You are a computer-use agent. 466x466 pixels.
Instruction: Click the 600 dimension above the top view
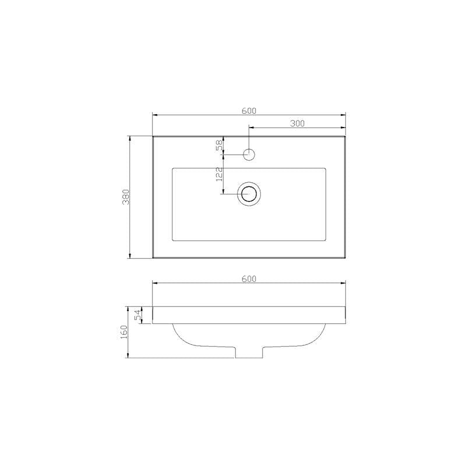pyautogui.click(x=249, y=111)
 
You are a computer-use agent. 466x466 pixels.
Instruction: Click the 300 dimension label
pyautogui.click(x=297, y=123)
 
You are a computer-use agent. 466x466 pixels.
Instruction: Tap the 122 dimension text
pyautogui.click(x=220, y=174)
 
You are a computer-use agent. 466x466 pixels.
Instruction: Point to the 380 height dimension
pyautogui.click(x=126, y=197)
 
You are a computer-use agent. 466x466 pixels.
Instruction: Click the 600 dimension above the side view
pyautogui.click(x=249, y=279)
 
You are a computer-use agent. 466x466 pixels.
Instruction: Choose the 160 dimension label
pyautogui.click(x=123, y=332)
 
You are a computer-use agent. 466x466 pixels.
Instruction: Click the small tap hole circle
pyautogui.click(x=249, y=154)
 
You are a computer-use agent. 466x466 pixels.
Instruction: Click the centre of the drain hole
pyautogui.click(x=249, y=194)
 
